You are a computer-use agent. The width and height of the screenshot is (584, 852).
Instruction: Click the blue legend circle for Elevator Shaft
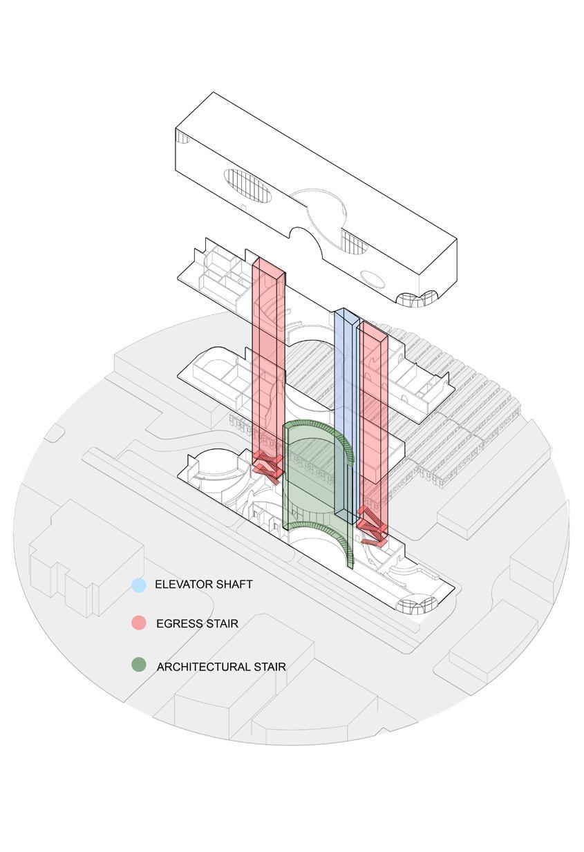[139, 585]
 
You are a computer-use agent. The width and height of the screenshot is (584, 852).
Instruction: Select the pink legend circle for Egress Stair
[139, 623]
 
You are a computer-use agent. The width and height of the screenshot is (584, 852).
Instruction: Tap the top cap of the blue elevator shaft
[346, 316]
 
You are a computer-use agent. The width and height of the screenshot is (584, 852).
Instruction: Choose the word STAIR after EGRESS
[223, 624]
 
